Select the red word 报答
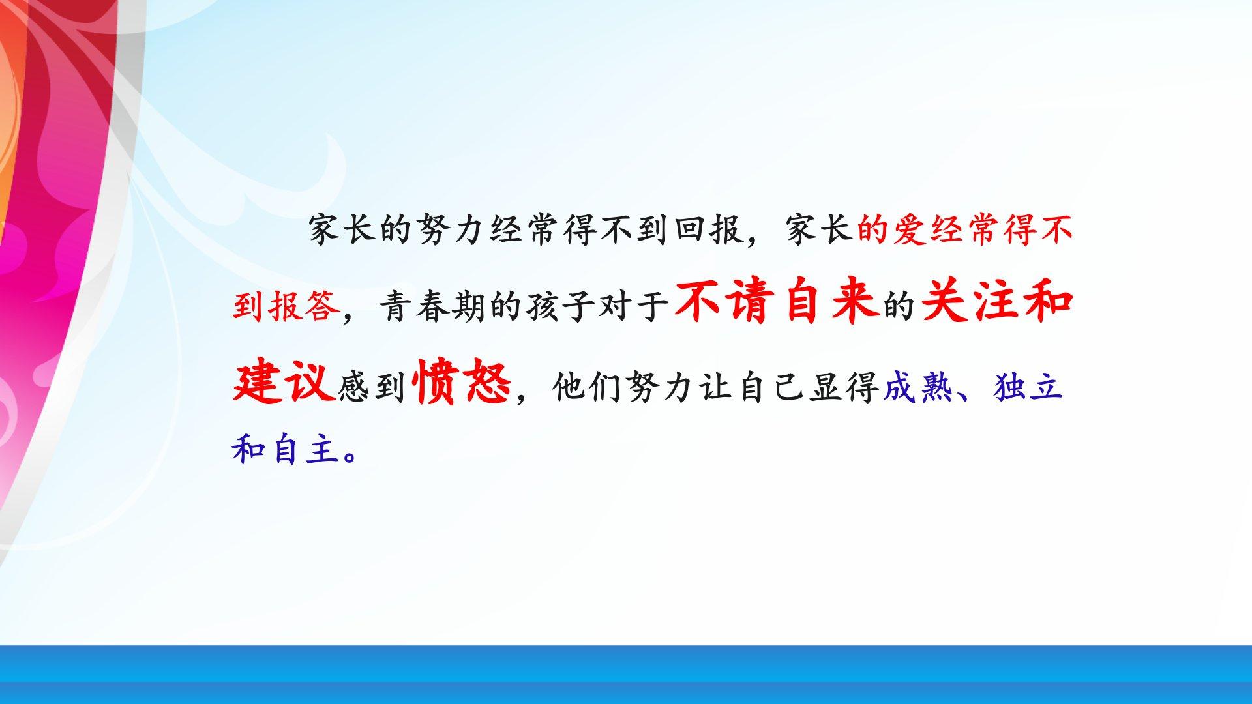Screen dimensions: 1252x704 coord(303,306)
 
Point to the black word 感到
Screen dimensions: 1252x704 coord(372,387)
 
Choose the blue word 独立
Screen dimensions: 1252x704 coord(1028,387)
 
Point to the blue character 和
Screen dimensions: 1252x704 coord(249,450)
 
